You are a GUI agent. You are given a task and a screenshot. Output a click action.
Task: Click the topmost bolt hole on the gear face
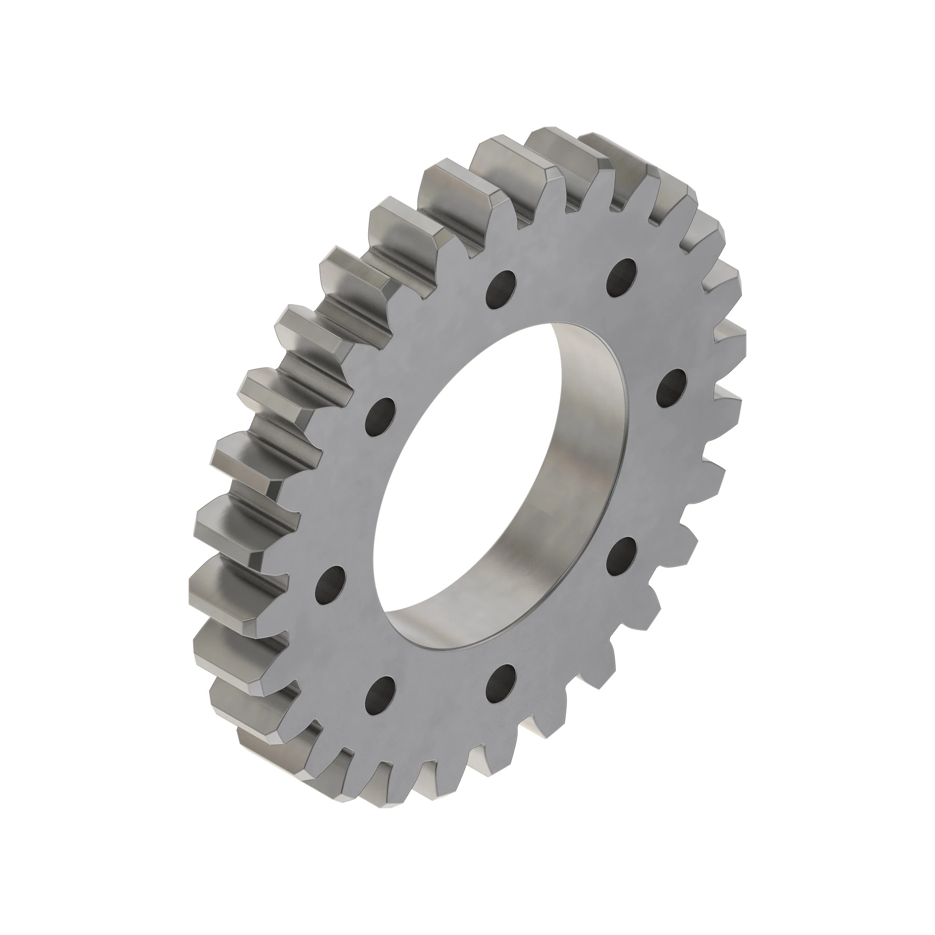pos(622,277)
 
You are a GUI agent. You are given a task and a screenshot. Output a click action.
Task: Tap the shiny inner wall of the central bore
pos(581,465)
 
